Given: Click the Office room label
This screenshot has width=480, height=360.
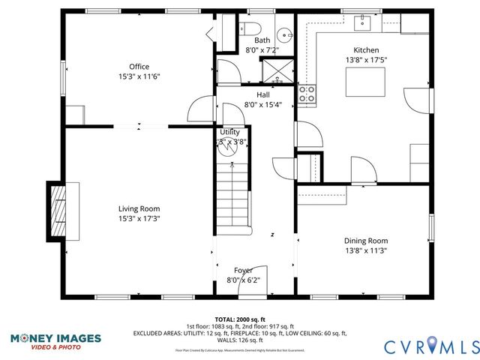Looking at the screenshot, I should (x=139, y=66).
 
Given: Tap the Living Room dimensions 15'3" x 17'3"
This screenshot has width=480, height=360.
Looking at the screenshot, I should (x=139, y=218).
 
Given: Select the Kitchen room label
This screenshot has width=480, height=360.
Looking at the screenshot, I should (x=366, y=49).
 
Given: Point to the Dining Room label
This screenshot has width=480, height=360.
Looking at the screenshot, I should (x=366, y=241).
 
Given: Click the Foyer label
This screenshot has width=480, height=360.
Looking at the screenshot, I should (x=243, y=270).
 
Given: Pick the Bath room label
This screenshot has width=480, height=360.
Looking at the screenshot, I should (x=262, y=40).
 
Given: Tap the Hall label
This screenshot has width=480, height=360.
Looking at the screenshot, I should (x=262, y=94).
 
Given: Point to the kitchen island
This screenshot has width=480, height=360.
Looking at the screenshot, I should (x=365, y=82).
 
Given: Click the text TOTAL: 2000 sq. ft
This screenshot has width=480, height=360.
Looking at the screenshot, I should (x=240, y=319).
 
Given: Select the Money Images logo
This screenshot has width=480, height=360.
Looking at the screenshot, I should (x=55, y=340).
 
